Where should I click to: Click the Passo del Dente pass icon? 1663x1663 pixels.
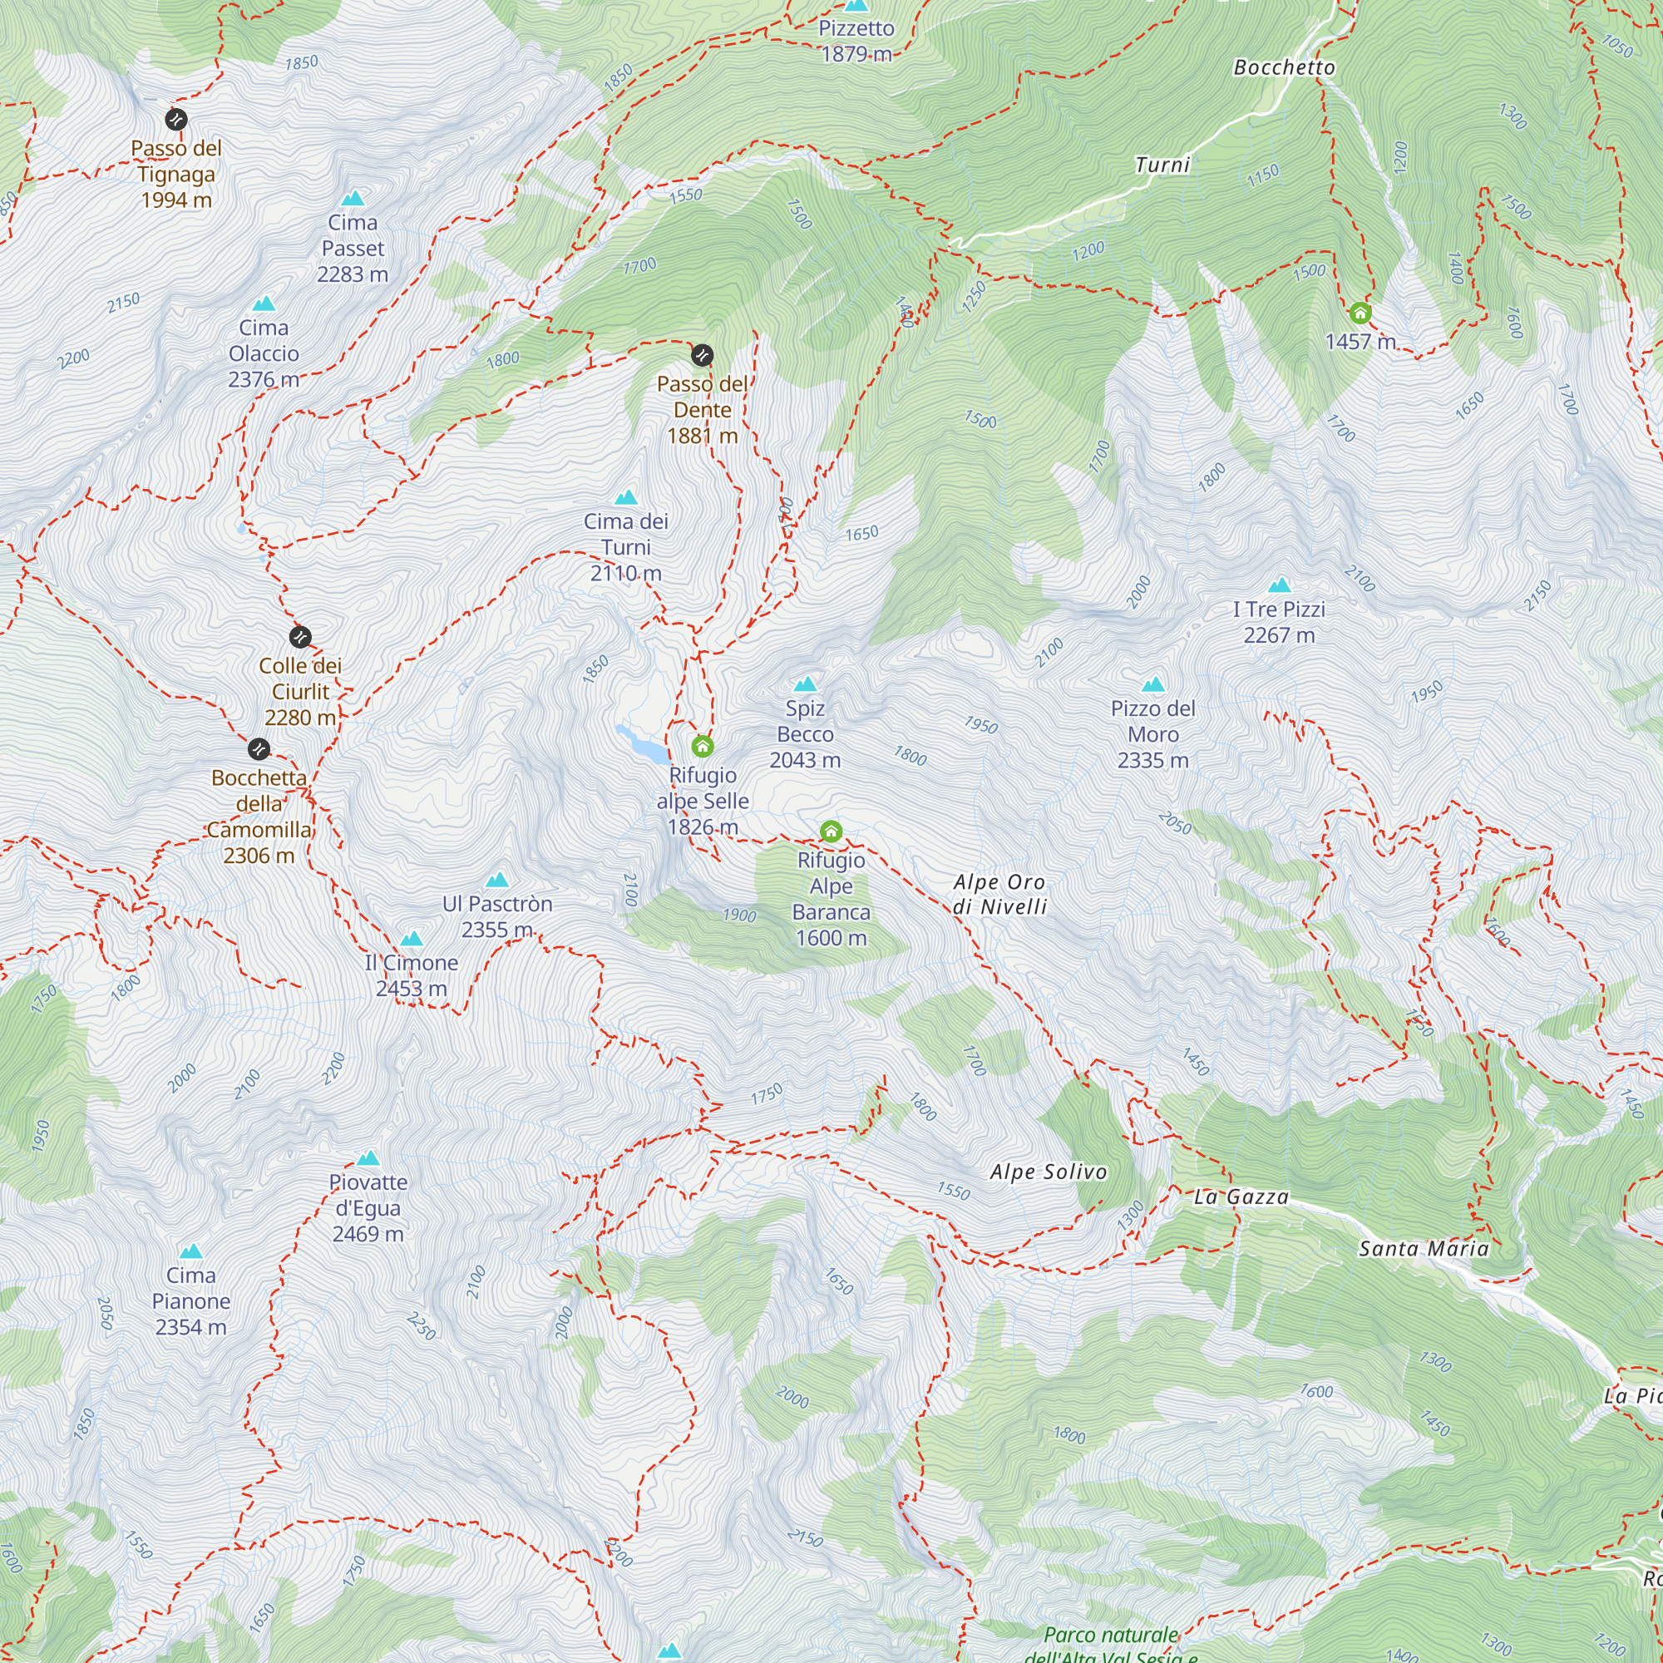(703, 355)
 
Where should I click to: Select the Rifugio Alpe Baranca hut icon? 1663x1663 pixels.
(831, 831)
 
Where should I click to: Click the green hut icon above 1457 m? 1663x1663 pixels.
(1360, 312)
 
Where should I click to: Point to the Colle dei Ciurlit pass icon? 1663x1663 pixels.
(299, 637)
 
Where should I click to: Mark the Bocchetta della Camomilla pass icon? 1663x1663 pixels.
(259, 749)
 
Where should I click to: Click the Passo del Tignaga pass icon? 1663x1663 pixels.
(175, 119)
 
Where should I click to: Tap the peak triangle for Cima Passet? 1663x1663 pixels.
(353, 199)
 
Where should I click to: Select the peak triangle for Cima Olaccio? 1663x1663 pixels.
(264, 303)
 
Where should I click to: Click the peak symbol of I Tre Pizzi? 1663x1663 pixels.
(1279, 585)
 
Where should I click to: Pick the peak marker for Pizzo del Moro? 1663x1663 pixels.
(1152, 685)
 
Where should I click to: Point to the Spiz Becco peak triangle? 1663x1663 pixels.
(805, 685)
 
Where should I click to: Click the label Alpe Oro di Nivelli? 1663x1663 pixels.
(999, 894)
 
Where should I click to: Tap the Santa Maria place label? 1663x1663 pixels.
(1423, 1248)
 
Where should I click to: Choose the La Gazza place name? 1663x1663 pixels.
(1241, 1197)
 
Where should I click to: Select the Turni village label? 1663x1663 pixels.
(1162, 165)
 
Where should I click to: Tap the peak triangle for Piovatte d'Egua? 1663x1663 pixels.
(368, 1158)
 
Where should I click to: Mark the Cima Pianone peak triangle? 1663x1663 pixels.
(191, 1251)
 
